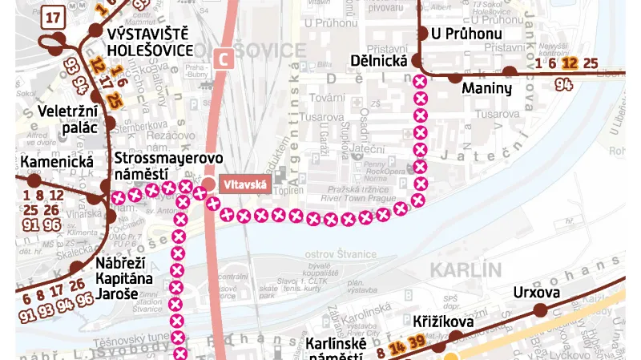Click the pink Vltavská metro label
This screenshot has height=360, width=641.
pos(239,185)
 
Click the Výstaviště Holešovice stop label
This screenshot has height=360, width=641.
pos(150,42)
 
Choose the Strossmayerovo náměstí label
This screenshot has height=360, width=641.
pos(157,165)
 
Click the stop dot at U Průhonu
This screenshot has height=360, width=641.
pos(421,34)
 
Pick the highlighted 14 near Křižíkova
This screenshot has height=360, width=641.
pos(396,347)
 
